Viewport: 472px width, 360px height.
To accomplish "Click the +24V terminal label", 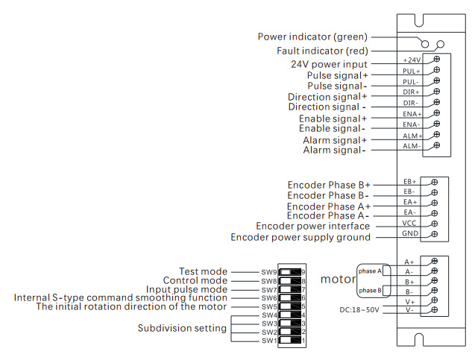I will pos(412,60).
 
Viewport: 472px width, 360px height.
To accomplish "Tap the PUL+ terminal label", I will pos(412,71).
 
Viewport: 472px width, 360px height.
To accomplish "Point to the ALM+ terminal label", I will pos(412,136).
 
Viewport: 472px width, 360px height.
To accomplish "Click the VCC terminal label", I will pos(410,223).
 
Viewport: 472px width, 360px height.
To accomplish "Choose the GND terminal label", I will pos(410,234).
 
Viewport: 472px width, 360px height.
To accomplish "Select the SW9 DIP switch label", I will pos(268,272).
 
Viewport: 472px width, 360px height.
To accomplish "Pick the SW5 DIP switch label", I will pos(268,306).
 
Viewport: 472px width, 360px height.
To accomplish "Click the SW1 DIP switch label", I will pos(268,340).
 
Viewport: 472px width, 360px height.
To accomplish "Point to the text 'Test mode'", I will pos(204,271).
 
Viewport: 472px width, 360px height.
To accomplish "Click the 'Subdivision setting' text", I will pos(182,328).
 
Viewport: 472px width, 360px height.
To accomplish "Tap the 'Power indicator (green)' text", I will pos(312,37).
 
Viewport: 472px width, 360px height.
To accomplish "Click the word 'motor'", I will pos(338,280).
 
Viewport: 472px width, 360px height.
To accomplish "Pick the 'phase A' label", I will pos(370,271).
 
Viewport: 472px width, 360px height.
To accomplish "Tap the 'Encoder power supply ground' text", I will pos(300,238).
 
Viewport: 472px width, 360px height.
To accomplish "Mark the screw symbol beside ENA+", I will pos(435,113).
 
